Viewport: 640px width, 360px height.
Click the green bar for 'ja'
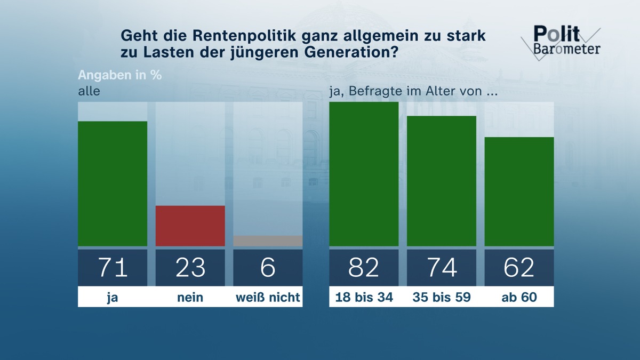coord(113,183)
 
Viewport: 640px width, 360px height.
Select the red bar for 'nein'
coord(190,226)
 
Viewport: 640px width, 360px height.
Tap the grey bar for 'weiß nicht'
coord(268,241)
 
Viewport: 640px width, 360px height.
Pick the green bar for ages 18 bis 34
coord(364,174)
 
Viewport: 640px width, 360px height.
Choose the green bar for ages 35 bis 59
coord(442,181)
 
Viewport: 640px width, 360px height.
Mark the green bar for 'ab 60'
coord(519,191)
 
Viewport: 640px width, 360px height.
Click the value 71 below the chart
coord(113,267)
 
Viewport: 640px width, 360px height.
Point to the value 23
coord(190,267)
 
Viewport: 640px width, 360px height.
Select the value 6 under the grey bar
coord(268,267)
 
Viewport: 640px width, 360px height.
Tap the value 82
coord(364,267)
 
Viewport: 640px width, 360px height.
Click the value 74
coord(442,267)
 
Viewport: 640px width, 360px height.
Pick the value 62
coord(519,267)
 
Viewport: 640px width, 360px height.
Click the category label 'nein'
coord(190,298)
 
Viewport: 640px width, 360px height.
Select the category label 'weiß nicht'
coord(268,298)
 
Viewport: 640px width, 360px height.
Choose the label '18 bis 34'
coord(364,298)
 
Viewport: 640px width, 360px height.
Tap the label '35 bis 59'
coord(442,298)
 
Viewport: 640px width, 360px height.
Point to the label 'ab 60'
coord(519,298)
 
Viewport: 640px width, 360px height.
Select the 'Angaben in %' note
coord(119,75)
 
